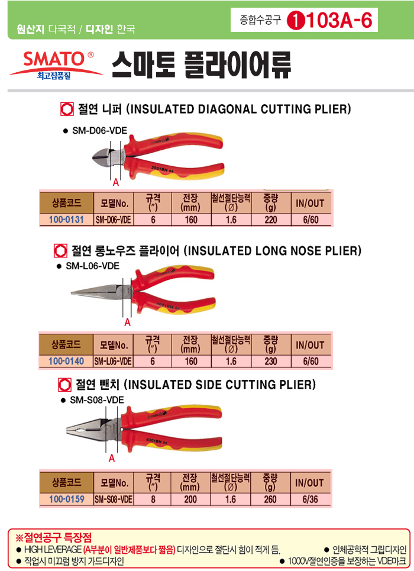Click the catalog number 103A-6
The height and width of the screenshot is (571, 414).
pos(339,20)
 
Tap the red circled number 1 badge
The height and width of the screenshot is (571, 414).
pos(296,21)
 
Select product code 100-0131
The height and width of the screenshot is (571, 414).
pos(66,220)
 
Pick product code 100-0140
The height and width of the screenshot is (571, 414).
pos(66,362)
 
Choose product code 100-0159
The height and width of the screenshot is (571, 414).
pos(67,499)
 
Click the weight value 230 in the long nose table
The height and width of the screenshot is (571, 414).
pos(270,362)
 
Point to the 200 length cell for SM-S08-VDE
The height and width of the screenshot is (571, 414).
pos(190,499)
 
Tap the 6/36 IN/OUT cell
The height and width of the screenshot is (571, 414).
pos(310,499)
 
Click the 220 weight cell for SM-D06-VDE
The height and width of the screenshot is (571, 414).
pos(270,220)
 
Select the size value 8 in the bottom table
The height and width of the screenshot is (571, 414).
pos(153,499)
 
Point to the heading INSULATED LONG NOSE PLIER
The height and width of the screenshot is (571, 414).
pos(273,250)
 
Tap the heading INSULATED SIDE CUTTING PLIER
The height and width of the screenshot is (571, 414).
pos(220,385)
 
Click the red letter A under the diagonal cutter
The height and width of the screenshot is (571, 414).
pos(116,182)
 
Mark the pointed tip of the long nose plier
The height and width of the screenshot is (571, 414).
pos(72,292)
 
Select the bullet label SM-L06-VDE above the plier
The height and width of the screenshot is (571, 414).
pos(92,266)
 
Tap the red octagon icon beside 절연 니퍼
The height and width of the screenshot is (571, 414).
pos(67,109)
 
